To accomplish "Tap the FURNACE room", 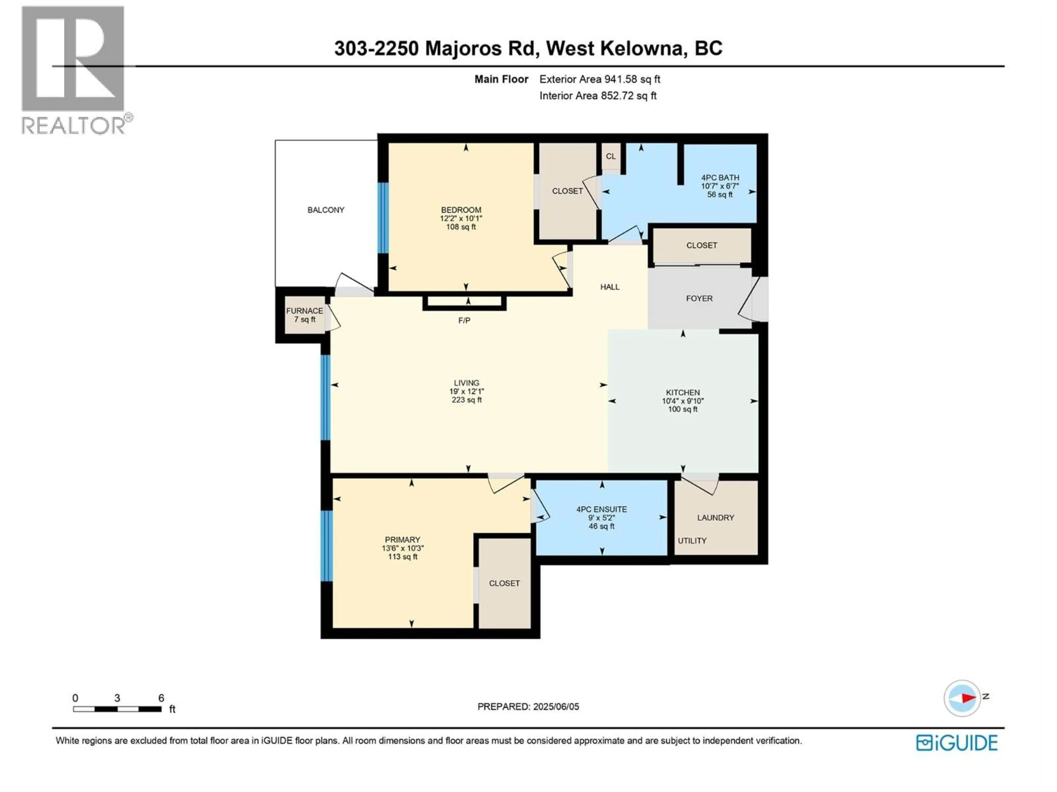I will (304, 315).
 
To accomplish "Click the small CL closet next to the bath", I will (611, 156).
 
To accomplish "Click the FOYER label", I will (699, 298).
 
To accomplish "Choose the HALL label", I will (610, 287).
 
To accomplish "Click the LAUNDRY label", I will (715, 518).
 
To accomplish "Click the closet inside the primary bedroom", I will (504, 583).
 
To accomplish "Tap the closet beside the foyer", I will (701, 245).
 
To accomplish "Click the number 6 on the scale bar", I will (161, 698).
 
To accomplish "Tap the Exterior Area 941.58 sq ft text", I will (600, 79).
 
